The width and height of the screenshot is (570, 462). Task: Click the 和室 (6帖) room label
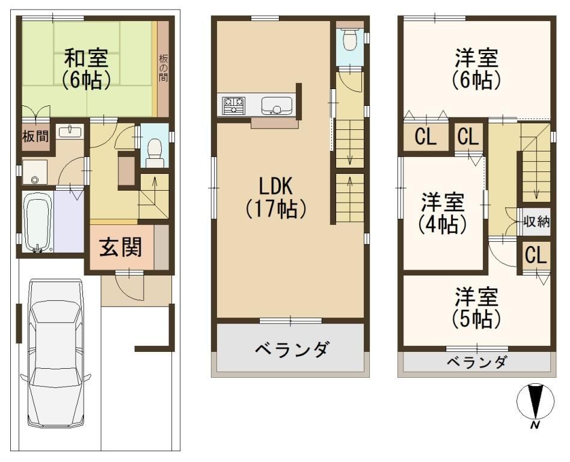coord(86,70)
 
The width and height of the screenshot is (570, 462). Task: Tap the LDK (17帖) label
coord(275,198)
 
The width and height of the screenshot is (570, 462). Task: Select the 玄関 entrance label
coord(120,247)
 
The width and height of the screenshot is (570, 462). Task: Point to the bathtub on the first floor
coord(38,222)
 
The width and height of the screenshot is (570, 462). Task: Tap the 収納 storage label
coord(536,221)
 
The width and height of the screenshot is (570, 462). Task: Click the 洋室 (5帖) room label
coord(476,307)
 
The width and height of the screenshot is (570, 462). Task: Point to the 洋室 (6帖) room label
coord(476,69)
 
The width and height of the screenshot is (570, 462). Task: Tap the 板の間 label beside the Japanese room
coord(163,67)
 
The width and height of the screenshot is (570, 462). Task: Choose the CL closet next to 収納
coord(536,255)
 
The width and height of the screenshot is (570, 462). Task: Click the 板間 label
coord(35,137)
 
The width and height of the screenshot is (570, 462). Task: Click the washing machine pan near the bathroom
coord(35,172)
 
